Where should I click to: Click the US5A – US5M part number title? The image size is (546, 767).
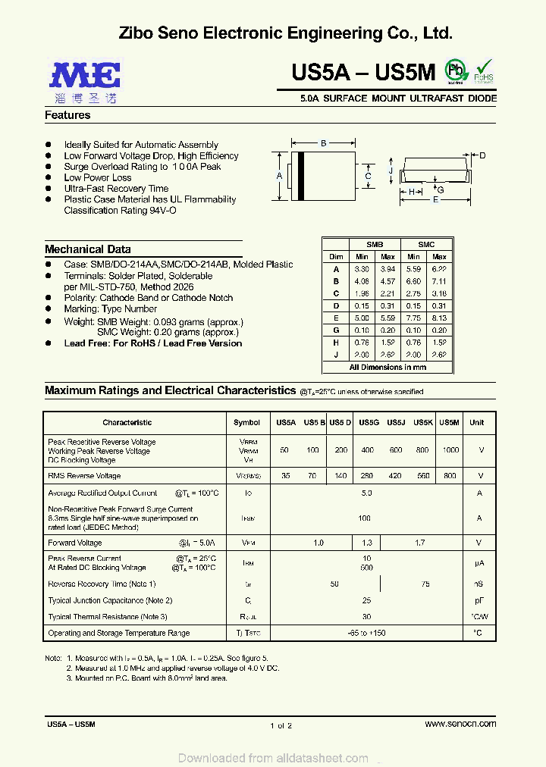[363, 73]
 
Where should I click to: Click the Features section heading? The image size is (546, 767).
[67, 115]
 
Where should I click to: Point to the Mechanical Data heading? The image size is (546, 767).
[87, 249]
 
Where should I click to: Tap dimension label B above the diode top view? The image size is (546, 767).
[323, 143]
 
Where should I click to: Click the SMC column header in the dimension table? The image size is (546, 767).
[426, 245]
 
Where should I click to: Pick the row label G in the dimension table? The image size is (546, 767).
[336, 330]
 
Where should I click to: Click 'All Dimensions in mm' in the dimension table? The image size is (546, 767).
[388, 367]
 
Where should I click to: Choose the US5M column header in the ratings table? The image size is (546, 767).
[450, 422]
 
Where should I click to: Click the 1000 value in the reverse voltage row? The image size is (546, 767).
[450, 450]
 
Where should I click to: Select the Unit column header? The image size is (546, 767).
[477, 422]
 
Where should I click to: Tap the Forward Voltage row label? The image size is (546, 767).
[75, 543]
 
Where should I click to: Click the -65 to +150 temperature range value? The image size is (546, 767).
[366, 633]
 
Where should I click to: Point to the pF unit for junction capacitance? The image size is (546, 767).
[479, 600]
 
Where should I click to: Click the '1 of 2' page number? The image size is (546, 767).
[281, 726]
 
